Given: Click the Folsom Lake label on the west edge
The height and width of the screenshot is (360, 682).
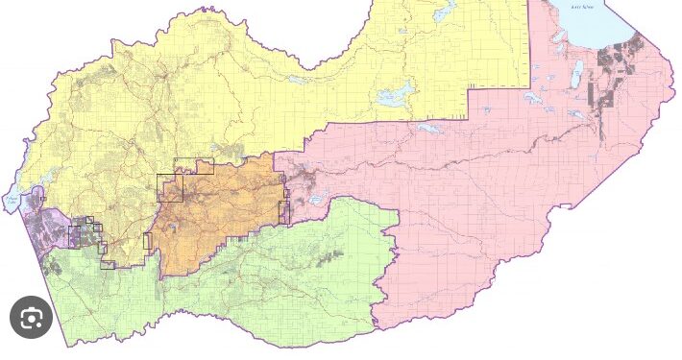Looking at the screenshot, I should [x=12, y=200].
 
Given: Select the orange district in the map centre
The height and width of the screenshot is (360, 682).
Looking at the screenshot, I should [x=216, y=216].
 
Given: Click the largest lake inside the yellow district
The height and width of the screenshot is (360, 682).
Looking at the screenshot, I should [x=395, y=95].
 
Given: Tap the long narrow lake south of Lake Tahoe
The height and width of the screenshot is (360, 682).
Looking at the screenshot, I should [x=577, y=74].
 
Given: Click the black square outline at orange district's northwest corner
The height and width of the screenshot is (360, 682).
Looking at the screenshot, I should [x=170, y=187].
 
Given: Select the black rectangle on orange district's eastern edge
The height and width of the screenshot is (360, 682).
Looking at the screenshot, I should [x=284, y=209].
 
